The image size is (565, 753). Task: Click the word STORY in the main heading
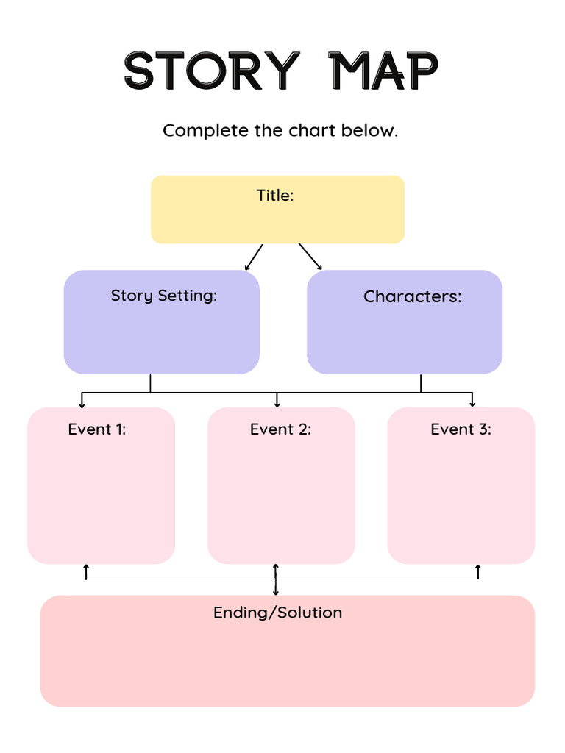click(212, 71)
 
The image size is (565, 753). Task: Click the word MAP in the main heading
click(383, 71)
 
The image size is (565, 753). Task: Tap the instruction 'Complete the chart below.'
click(280, 131)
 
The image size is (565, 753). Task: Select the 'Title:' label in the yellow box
click(275, 196)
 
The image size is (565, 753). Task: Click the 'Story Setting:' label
click(163, 296)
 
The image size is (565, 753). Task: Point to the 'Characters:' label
click(412, 297)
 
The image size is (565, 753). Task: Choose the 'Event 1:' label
click(97, 429)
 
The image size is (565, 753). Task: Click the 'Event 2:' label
click(280, 429)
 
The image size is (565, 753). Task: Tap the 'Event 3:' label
click(461, 429)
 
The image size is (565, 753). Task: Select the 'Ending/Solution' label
click(277, 613)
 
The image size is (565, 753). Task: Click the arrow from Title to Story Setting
click(254, 257)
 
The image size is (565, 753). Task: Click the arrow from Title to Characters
click(310, 257)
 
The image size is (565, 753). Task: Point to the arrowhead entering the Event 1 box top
click(82, 404)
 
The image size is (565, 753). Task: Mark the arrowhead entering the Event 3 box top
click(472, 404)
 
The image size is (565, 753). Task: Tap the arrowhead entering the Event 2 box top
click(277, 404)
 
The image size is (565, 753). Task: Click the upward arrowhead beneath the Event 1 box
click(86, 568)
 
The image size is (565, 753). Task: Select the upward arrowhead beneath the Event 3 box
click(478, 568)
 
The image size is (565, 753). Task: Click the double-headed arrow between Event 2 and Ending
click(276, 579)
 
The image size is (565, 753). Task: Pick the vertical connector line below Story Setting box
click(150, 383)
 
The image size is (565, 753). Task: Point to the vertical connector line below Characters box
click(421, 383)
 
